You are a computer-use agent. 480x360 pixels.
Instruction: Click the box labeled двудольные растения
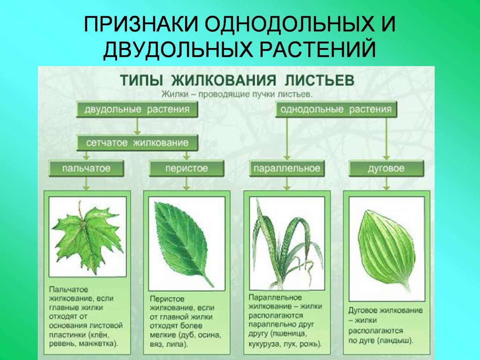click(137, 109)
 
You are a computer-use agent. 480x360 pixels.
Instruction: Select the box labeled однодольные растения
click(336, 109)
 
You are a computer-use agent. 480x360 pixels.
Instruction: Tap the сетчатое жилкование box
click(137, 143)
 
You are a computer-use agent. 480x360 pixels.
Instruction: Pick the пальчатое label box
click(86, 168)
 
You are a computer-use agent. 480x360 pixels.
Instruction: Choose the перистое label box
click(186, 168)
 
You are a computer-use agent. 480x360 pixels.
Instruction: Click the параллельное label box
click(286, 168)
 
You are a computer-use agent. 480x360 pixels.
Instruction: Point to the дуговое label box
click(386, 168)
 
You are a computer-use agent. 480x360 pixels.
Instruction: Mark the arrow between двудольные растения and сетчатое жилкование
click(137, 126)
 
